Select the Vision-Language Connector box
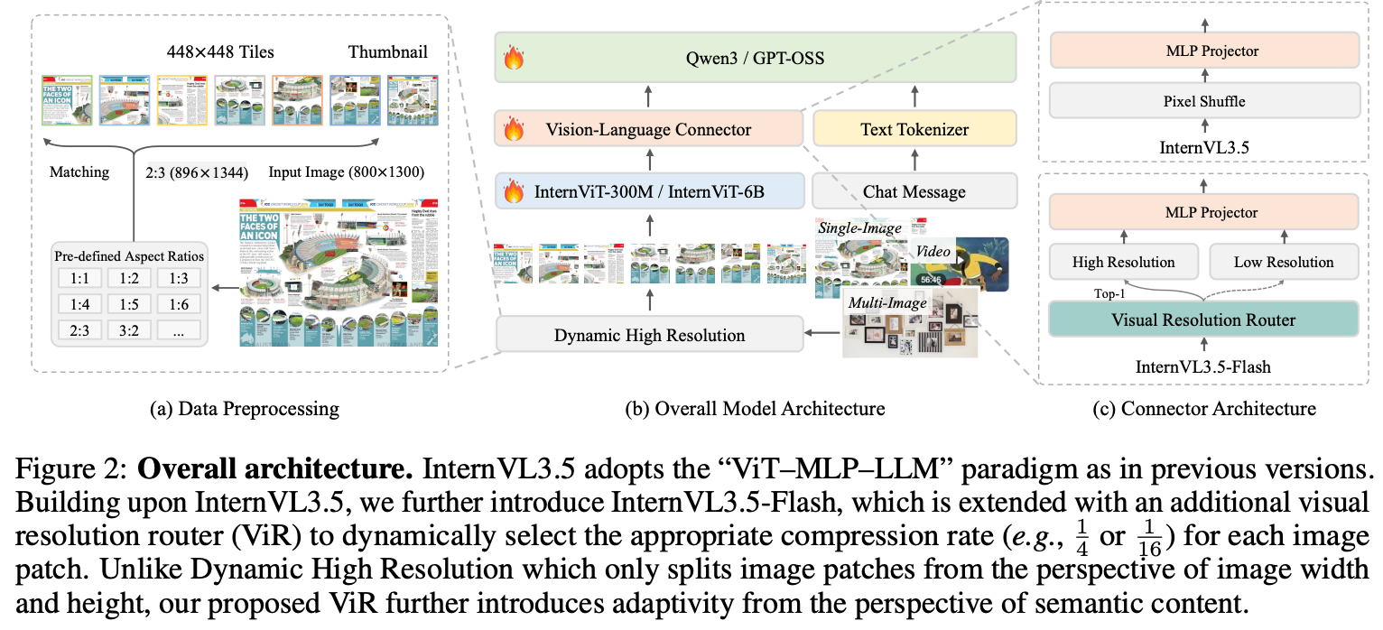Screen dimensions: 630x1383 pyautogui.click(x=647, y=130)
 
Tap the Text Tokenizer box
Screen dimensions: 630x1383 pyautogui.click(x=914, y=130)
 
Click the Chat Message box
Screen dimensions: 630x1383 pyautogui.click(x=914, y=191)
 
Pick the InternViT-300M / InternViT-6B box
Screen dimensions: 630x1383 pyautogui.click(x=647, y=191)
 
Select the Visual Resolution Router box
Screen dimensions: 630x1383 pyautogui.click(x=1204, y=320)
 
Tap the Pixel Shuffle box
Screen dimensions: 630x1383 pyautogui.click(x=1204, y=101)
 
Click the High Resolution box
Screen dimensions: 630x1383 pyautogui.click(x=1123, y=262)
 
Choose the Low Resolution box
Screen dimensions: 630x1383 pyautogui.click(x=1283, y=262)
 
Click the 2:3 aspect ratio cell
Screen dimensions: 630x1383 pyautogui.click(x=79, y=329)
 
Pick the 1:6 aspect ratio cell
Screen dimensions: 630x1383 pyautogui.click(x=178, y=304)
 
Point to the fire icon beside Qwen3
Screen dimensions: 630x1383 pyautogui.click(x=514, y=60)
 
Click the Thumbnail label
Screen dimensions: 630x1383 pyautogui.click(x=387, y=52)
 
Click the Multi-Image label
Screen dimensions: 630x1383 pyautogui.click(x=886, y=302)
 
